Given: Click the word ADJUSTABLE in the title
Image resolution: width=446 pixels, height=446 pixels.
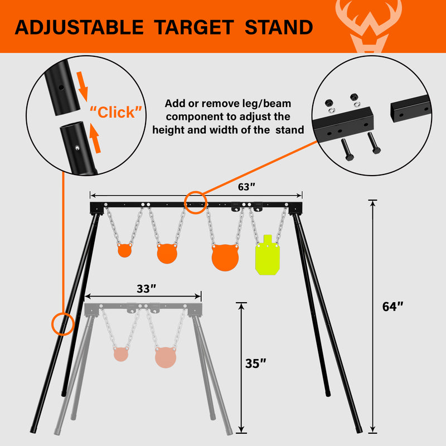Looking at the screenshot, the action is [x=79, y=27].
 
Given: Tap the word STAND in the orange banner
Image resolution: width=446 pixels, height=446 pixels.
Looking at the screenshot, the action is [x=279, y=27].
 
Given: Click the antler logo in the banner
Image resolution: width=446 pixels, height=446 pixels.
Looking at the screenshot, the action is [x=369, y=26].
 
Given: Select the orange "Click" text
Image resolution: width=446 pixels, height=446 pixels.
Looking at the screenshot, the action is [x=116, y=112].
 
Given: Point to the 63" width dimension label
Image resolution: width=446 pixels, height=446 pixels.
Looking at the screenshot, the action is [x=246, y=187].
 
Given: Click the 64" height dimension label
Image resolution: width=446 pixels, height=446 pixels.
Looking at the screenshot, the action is [x=392, y=307].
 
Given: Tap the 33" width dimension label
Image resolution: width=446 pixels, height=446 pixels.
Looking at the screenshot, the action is [x=147, y=289].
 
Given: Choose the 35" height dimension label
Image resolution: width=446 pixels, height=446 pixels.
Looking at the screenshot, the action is [x=255, y=363].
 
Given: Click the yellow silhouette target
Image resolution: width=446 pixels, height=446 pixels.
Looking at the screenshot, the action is [x=268, y=255].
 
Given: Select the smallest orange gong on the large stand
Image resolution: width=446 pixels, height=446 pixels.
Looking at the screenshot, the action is [x=124, y=250].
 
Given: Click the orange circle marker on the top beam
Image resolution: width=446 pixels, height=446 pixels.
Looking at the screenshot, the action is [x=196, y=202].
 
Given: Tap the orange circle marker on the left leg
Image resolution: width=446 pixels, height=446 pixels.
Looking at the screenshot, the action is [x=63, y=324].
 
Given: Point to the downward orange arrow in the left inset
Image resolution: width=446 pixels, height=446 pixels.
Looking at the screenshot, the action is [x=83, y=86].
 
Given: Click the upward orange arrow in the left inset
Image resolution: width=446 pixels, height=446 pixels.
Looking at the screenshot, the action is [x=95, y=138].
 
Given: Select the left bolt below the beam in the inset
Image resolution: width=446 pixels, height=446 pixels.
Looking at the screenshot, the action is [x=347, y=149].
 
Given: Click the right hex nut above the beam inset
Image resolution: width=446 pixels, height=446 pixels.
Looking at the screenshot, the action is [x=355, y=96].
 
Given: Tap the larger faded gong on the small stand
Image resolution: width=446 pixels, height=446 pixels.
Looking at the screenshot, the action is [x=166, y=357].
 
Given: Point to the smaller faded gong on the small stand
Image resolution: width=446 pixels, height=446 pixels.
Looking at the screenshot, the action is [x=121, y=354].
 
